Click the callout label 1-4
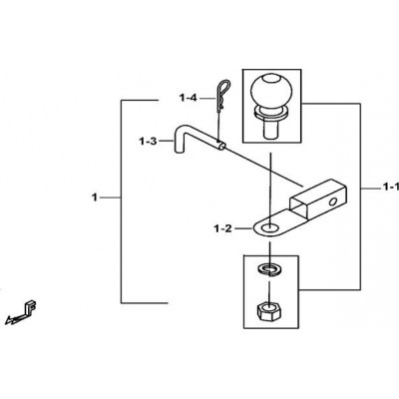click(189, 98)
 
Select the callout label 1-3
click(148, 142)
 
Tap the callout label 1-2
click(223, 228)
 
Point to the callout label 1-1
click(390, 188)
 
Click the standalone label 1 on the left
click(95, 198)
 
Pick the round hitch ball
click(272, 91)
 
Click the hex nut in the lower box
click(269, 311)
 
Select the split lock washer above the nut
click(270, 269)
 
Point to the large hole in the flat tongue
click(269, 228)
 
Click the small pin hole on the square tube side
click(332, 201)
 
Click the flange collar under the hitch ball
click(272, 112)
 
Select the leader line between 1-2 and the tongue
click(242, 228)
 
